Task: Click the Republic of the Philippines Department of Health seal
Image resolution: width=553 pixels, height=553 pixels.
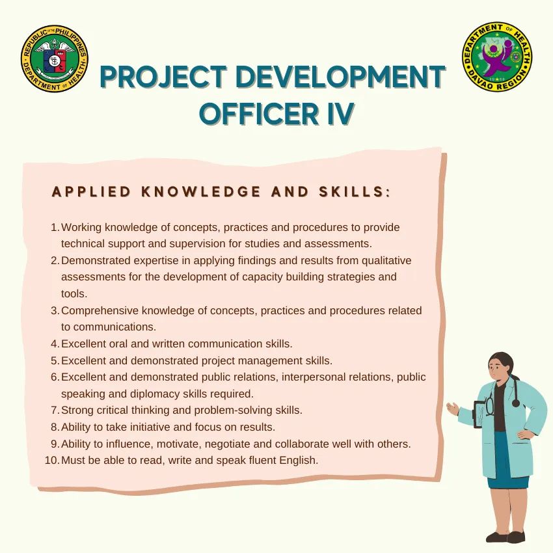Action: [x=55, y=59]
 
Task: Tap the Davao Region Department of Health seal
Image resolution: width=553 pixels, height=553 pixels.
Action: [x=497, y=57]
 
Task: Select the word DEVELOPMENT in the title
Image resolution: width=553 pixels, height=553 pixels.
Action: [x=340, y=77]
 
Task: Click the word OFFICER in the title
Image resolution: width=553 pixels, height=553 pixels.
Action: [x=259, y=114]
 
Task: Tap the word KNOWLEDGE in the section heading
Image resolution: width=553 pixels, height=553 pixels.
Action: [x=201, y=191]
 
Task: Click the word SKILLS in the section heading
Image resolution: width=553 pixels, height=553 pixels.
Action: [x=351, y=191]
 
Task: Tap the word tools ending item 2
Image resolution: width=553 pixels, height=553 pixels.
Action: [x=74, y=294]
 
